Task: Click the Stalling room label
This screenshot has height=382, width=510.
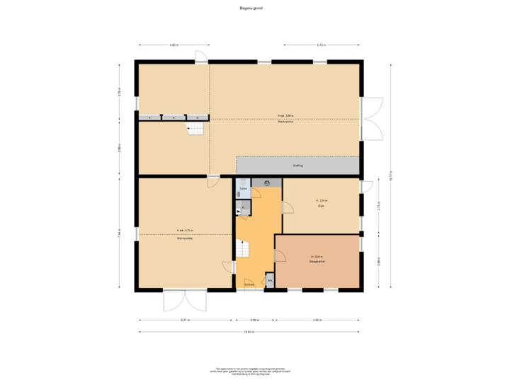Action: [297, 166]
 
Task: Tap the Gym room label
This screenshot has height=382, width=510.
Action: [321, 206]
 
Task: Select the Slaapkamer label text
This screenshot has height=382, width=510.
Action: [317, 260]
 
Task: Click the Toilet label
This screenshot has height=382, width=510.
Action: [242, 190]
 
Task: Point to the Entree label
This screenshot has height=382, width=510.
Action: [249, 284]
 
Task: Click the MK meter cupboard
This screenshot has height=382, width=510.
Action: [270, 281]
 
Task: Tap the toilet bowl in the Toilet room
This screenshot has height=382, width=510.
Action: [239, 192]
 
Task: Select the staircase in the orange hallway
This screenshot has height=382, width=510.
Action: [243, 248]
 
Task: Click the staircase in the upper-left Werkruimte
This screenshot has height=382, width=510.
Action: [195, 128]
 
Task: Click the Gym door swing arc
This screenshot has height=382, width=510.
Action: [288, 207]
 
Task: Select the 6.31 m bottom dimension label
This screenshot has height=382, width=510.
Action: [186, 320]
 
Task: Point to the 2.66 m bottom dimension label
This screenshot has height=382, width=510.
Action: [254, 320]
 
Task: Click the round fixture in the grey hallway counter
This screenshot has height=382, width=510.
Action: [267, 183]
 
